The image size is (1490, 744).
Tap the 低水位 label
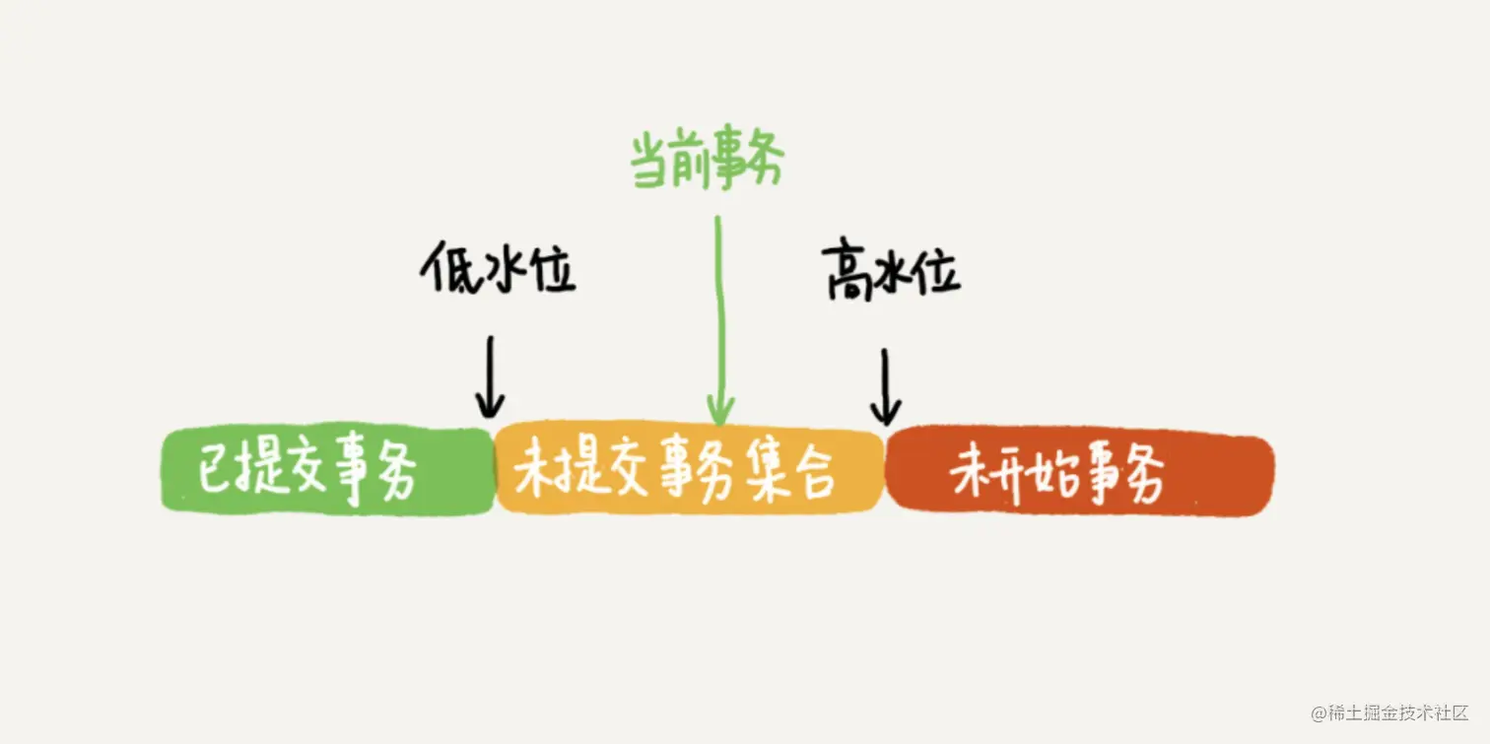point(498,268)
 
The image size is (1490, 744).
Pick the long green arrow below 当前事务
point(720,315)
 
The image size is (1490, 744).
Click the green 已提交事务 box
point(327,472)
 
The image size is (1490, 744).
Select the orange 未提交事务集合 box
point(689,472)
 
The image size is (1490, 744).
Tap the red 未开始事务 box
point(1079,475)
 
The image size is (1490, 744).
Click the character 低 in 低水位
point(444,268)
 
